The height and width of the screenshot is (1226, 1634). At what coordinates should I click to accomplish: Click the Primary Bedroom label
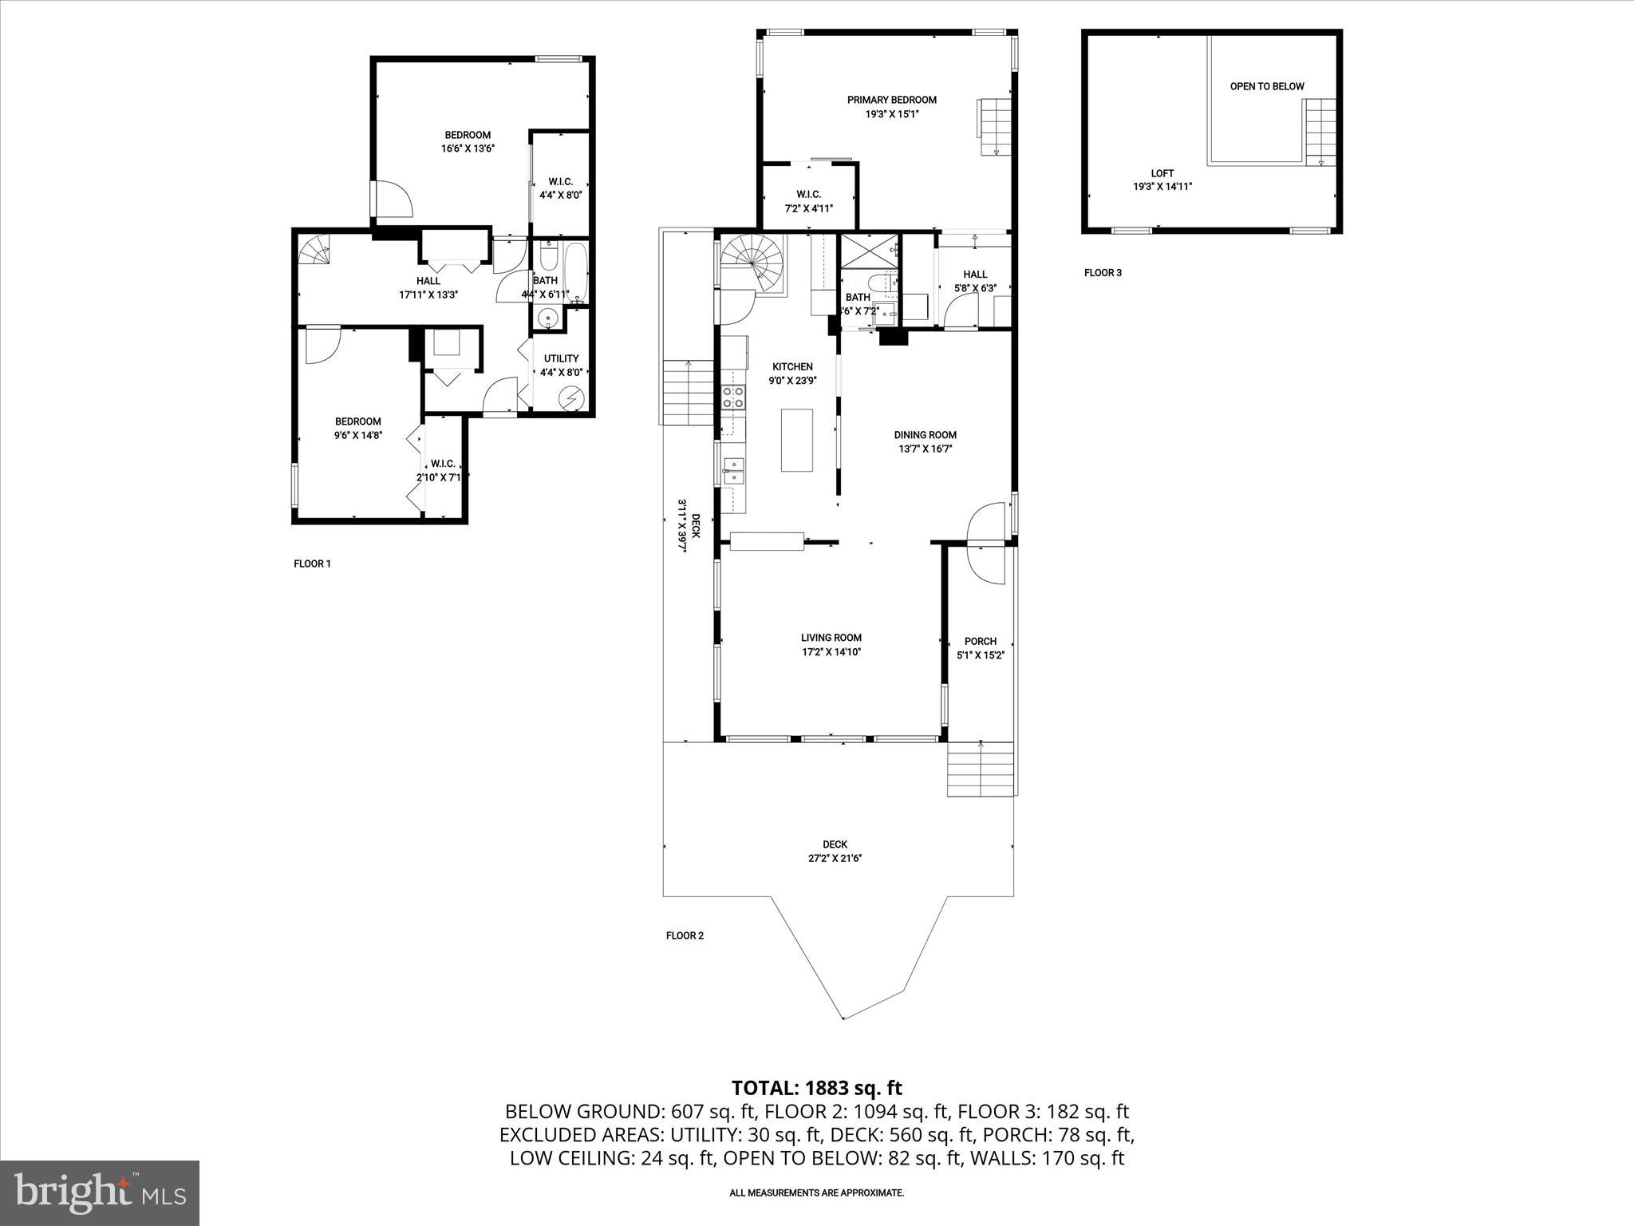(x=891, y=100)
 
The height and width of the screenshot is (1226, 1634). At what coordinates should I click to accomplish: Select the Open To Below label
(x=1266, y=86)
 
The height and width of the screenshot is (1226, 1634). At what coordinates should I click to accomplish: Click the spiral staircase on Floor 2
(x=753, y=263)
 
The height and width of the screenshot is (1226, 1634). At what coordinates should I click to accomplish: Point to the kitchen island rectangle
(x=796, y=440)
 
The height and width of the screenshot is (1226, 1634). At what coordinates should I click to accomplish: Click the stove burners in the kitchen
(x=733, y=397)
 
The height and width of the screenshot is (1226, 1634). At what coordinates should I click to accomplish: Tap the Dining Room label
(x=925, y=435)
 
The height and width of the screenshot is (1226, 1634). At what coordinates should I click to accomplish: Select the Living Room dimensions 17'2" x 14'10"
(x=831, y=652)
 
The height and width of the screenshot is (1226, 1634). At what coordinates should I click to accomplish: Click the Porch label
(x=980, y=641)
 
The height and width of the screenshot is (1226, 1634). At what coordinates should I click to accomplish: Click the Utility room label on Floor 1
(x=561, y=358)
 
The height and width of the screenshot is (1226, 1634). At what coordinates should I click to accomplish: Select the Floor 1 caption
(x=312, y=564)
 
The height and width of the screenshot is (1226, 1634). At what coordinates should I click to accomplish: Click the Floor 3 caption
(x=1103, y=273)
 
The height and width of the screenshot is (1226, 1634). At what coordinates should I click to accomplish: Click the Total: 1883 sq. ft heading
(x=816, y=1088)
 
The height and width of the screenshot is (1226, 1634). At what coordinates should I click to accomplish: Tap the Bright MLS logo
(x=100, y=1192)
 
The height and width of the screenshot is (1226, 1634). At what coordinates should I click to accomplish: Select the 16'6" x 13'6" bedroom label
(x=468, y=148)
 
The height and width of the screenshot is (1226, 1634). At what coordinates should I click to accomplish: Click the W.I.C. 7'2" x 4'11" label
(x=808, y=201)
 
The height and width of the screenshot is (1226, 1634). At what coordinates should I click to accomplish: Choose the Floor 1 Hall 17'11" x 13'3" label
(x=428, y=287)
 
